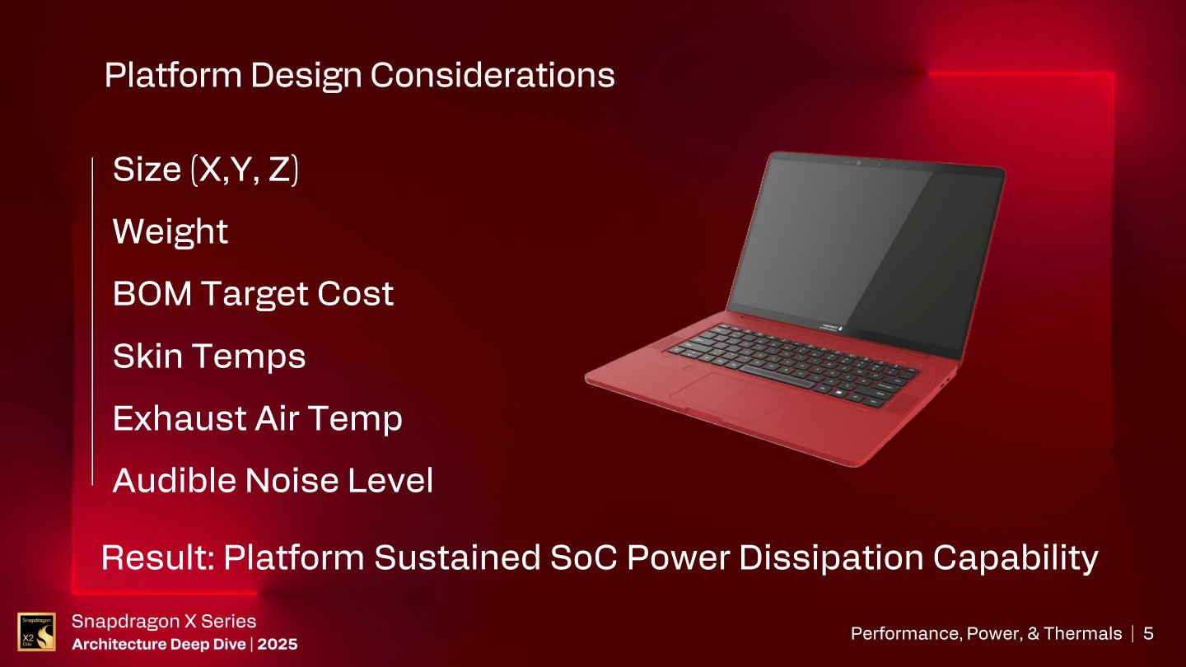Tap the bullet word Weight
click(170, 231)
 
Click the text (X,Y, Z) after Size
click(244, 170)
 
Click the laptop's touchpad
click(729, 398)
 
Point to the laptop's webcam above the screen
click(857, 163)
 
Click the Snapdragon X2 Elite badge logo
click(36, 632)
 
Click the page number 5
click(1148, 633)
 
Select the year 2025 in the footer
click(277, 644)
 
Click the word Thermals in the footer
click(1085, 633)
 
